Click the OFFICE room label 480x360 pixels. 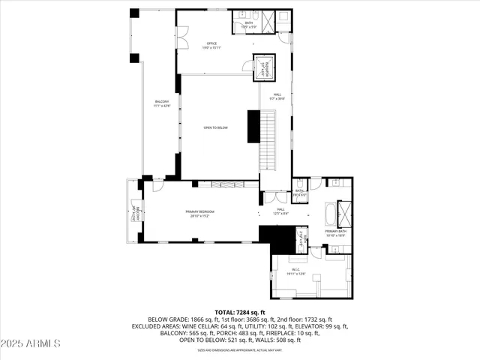(x=211, y=43)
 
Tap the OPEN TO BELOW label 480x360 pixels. (x=215, y=128)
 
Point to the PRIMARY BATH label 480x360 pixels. (x=335, y=231)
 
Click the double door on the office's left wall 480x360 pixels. (x=179, y=34)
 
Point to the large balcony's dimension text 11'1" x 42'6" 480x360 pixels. (x=162, y=106)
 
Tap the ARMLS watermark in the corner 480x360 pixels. (x=30, y=343)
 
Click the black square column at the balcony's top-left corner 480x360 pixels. (x=134, y=13)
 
